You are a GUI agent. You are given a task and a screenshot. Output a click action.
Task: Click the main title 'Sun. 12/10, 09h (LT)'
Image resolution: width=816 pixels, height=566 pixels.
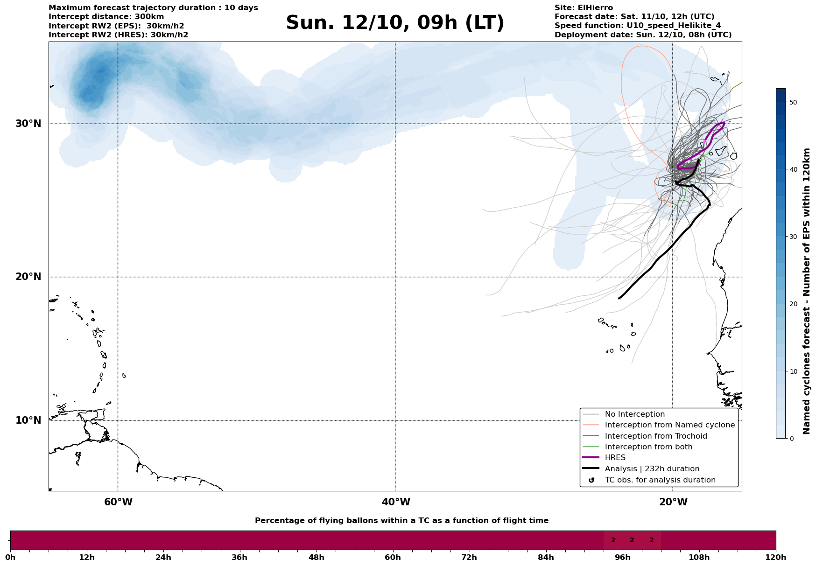(x=395, y=23)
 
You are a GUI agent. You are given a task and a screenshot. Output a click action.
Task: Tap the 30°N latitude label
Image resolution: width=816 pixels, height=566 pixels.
(x=28, y=124)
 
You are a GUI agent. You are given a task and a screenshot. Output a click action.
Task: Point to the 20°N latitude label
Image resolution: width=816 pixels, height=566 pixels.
(x=28, y=277)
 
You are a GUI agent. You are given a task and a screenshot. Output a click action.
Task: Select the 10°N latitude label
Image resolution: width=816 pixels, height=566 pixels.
(x=28, y=420)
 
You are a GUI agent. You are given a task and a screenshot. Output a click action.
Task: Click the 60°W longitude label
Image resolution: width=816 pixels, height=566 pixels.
(x=118, y=502)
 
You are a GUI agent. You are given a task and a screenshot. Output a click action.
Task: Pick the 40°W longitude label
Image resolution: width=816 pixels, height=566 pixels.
(x=396, y=502)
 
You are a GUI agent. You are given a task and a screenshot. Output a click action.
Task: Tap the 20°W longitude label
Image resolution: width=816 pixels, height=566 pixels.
(x=673, y=502)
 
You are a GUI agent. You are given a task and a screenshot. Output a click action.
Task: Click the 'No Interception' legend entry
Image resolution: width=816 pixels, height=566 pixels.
(x=634, y=414)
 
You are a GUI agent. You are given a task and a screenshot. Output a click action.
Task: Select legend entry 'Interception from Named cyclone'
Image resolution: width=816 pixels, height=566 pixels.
(x=669, y=425)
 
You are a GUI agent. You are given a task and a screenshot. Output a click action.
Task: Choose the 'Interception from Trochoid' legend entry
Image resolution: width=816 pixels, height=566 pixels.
(x=655, y=436)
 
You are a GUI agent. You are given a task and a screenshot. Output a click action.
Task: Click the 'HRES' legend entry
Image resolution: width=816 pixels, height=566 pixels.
(x=615, y=458)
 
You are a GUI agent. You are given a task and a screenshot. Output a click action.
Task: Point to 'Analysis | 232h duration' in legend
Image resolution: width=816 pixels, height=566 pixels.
(x=652, y=469)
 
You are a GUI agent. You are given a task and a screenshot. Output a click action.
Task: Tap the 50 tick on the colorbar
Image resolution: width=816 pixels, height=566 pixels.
(x=793, y=102)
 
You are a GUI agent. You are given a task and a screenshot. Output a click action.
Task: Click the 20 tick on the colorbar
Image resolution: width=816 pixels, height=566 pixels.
(x=793, y=304)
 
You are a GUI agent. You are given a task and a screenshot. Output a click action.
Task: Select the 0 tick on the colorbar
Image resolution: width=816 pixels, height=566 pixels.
(x=791, y=439)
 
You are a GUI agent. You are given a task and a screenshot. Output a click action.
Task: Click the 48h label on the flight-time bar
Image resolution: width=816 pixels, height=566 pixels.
(x=316, y=557)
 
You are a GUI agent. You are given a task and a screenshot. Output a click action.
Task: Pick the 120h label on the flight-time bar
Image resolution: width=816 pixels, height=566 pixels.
(x=776, y=557)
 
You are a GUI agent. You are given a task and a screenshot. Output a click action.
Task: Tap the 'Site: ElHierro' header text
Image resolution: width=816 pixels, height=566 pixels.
(x=584, y=8)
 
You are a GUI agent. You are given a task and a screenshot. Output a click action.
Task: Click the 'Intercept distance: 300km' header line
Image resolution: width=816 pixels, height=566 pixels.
(x=106, y=17)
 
